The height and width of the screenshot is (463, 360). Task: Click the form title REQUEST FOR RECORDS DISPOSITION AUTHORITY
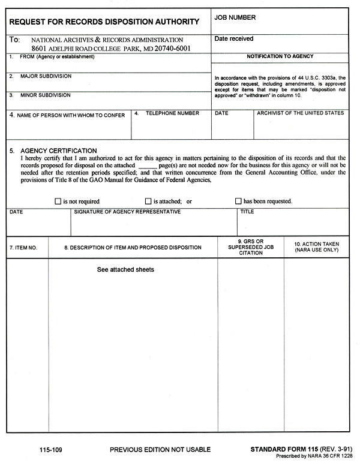(104, 22)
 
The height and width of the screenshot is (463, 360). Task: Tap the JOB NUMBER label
(235, 18)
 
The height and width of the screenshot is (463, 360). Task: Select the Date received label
(234, 39)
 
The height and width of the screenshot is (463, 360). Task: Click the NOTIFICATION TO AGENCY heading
(280, 56)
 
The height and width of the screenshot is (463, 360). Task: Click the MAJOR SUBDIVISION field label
(46, 77)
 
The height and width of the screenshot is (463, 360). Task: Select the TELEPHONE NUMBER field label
(172, 113)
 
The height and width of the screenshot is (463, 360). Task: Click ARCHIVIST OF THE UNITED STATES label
(301, 113)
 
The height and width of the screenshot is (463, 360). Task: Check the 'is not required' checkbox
(58, 202)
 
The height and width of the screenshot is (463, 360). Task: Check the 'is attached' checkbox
(148, 202)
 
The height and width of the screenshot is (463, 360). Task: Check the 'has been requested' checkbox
(238, 202)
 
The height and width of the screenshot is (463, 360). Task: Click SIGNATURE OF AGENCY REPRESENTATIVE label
(127, 212)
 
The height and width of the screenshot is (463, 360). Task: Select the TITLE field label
(247, 212)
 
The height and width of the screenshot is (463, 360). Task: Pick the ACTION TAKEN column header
(317, 247)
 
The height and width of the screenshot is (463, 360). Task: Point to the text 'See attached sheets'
(125, 270)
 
